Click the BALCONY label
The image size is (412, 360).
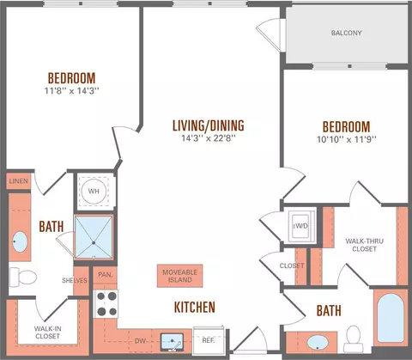346,33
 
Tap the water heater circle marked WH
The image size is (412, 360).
94,192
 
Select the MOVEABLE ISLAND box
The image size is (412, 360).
180,276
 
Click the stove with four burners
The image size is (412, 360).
106,304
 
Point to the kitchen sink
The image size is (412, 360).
172,342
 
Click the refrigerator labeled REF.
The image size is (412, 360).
208,340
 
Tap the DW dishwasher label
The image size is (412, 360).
140,341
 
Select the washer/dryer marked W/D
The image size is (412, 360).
300,226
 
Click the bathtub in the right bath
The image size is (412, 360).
391,318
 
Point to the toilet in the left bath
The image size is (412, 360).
23,278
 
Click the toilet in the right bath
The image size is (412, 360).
354,339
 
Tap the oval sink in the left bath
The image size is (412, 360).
20,242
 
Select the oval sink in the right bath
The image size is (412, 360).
318,343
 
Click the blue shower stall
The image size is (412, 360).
94,237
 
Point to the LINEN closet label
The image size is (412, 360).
19,181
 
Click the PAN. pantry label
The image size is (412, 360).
106,275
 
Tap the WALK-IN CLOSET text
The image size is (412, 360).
47,333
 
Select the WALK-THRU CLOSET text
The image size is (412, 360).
364,245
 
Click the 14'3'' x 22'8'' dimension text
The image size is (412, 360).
209,138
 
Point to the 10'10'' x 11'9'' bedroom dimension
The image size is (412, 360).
347,139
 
